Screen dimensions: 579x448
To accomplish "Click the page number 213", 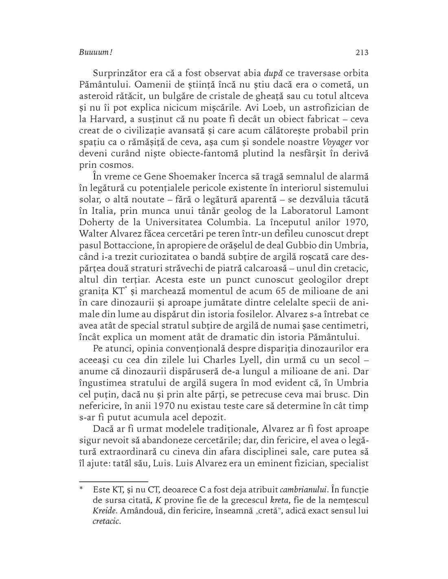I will [362, 53].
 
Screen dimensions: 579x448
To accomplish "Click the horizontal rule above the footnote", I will [113, 481].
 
